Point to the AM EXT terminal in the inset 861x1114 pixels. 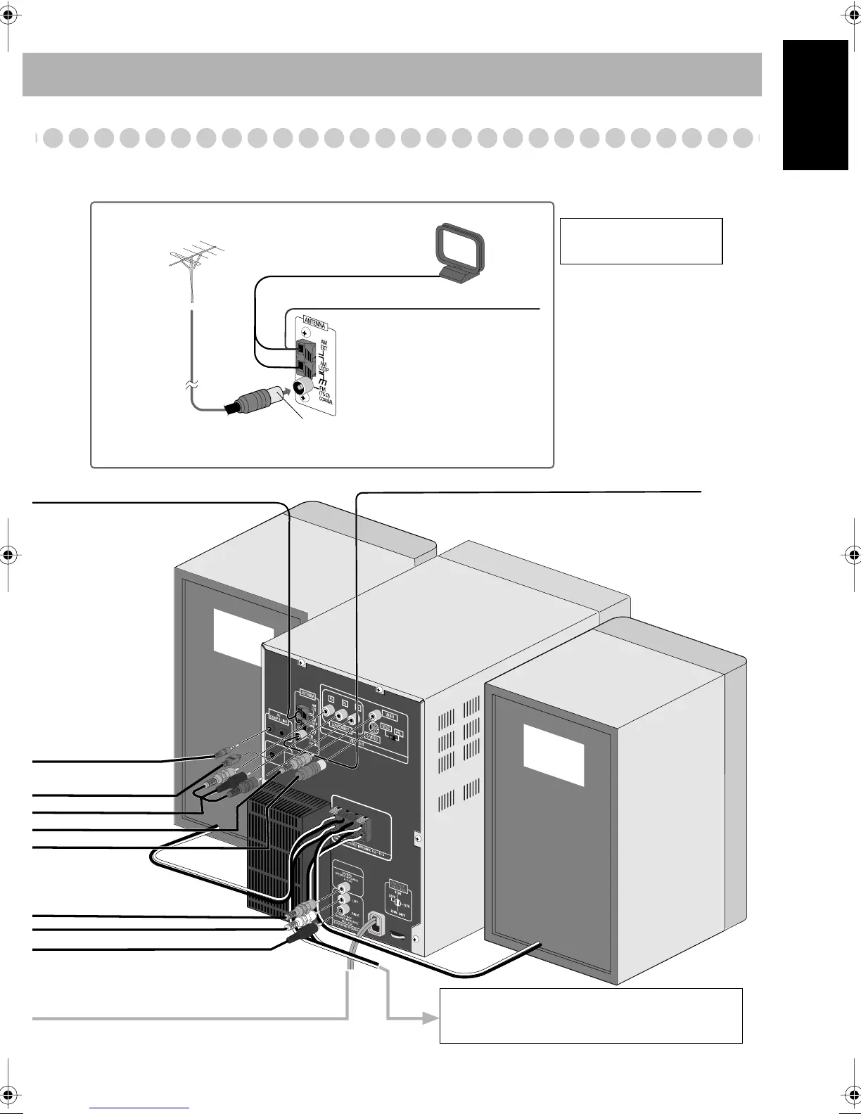pos(302,347)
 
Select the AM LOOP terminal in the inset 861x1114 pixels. pos(302,366)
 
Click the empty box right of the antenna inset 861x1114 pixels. pos(641,241)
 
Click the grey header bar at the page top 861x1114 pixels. pos(392,74)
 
